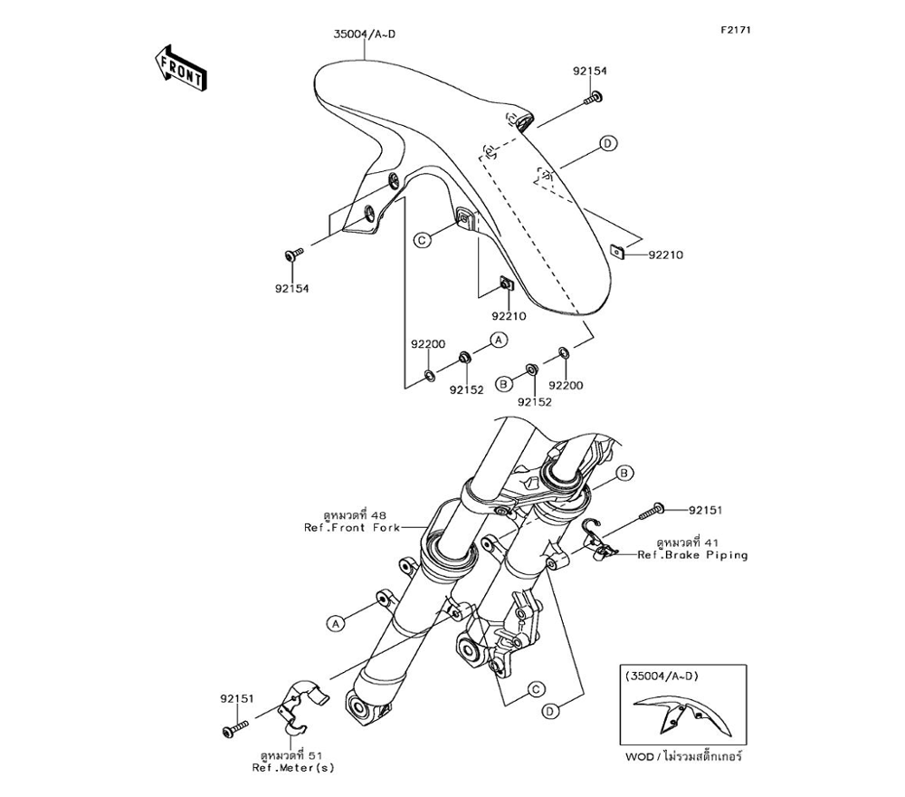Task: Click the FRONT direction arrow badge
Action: tap(180, 67)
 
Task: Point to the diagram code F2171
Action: tap(736, 30)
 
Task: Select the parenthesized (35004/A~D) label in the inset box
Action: tap(662, 675)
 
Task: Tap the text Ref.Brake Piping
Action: tap(692, 555)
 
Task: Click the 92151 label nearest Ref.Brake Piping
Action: tap(707, 510)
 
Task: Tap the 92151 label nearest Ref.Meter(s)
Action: tap(237, 698)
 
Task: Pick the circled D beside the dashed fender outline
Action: tap(608, 144)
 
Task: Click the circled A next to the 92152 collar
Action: tap(498, 339)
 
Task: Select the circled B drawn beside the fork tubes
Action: tap(623, 474)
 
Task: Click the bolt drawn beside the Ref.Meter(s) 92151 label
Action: tap(234, 727)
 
